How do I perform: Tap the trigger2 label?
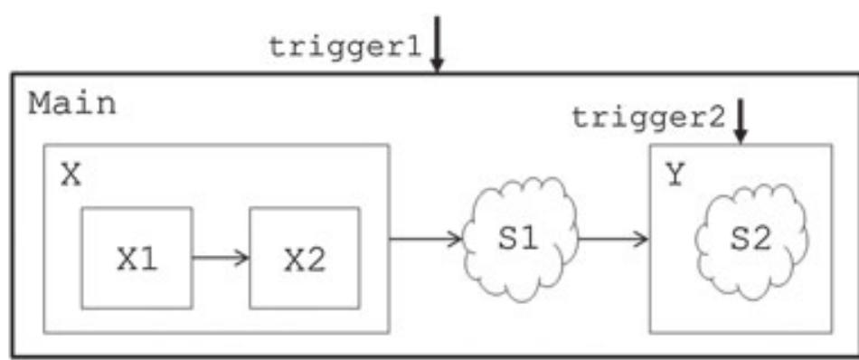tap(649, 118)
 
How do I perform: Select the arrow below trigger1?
tap(437, 43)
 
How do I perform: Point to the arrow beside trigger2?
tap(741, 120)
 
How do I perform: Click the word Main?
tap(72, 104)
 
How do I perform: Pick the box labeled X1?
tap(137, 258)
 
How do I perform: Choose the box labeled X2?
tap(304, 258)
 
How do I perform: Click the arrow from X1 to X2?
tap(220, 258)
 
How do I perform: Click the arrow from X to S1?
tap(425, 240)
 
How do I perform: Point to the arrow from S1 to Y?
tap(613, 240)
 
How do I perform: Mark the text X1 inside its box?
tap(137, 259)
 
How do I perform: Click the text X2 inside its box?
tap(304, 259)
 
